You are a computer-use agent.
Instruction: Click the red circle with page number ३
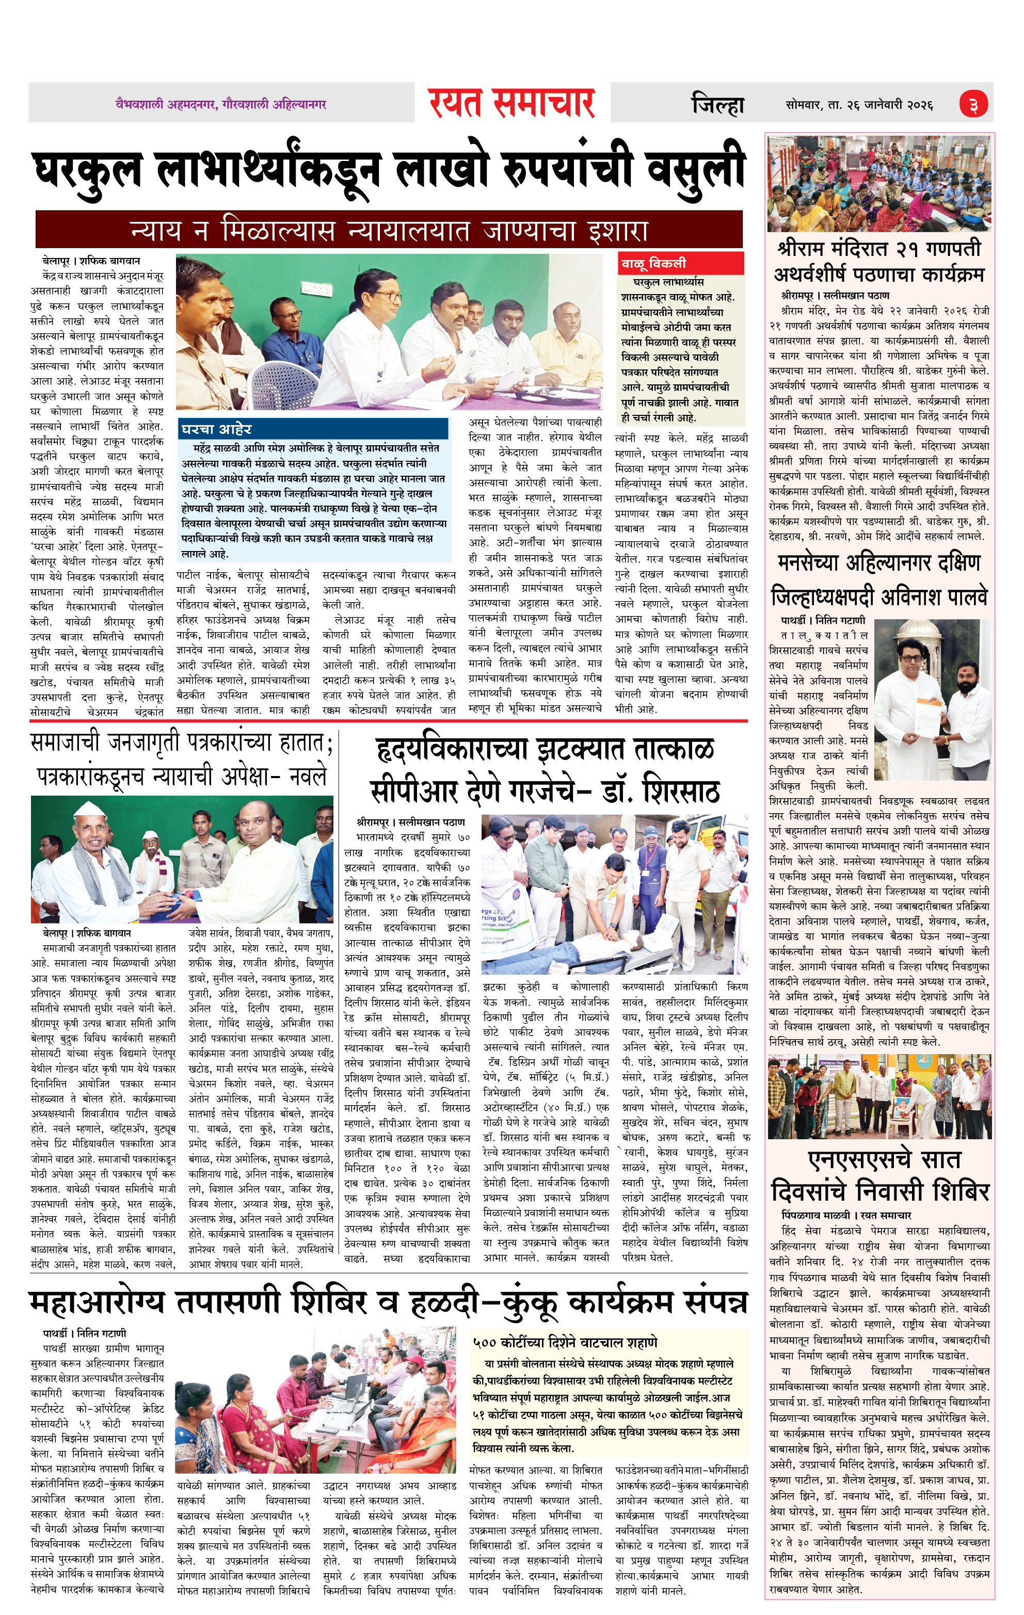[972, 105]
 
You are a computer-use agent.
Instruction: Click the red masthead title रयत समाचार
[511, 103]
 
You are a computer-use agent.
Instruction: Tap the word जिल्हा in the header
[717, 105]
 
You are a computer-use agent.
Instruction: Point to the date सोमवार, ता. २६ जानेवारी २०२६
[859, 105]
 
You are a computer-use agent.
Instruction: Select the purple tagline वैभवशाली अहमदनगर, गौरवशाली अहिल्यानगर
[221, 105]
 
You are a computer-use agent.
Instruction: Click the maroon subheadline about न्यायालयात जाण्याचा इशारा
[389, 230]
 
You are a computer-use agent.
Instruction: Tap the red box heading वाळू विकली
[653, 263]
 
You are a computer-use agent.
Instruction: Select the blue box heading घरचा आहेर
[216, 429]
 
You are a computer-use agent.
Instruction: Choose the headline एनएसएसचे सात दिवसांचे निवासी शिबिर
[879, 1174]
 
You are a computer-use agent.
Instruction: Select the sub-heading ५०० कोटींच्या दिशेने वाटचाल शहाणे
[565, 1343]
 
